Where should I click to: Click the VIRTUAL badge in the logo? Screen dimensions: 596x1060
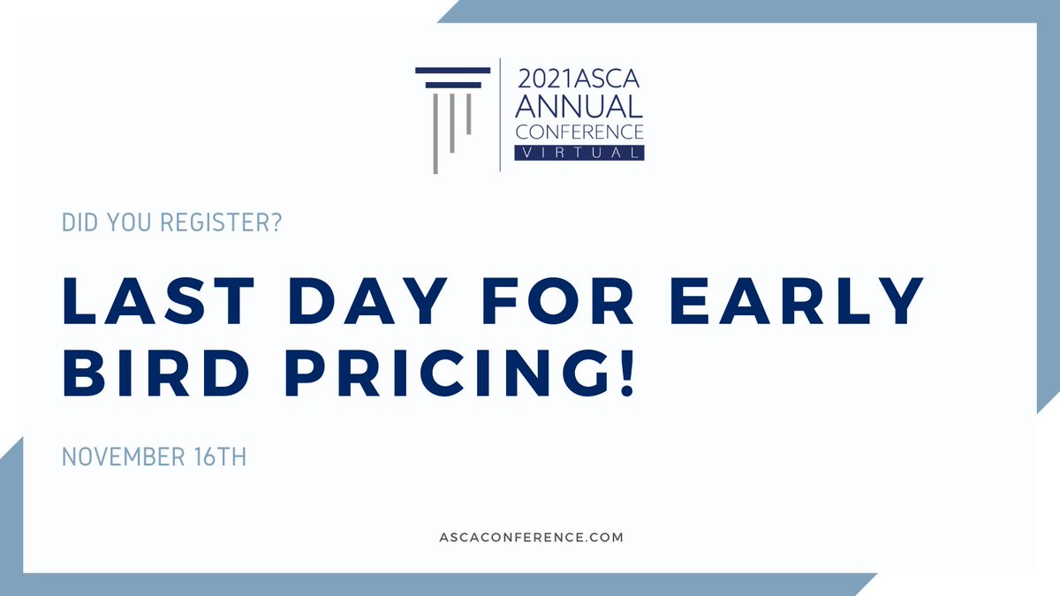[579, 153]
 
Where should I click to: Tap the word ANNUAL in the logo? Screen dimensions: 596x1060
[579, 107]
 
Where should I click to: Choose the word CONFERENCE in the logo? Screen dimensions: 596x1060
[579, 132]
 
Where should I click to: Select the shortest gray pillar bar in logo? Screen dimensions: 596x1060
[468, 113]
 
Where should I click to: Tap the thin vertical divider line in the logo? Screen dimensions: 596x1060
[501, 115]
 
